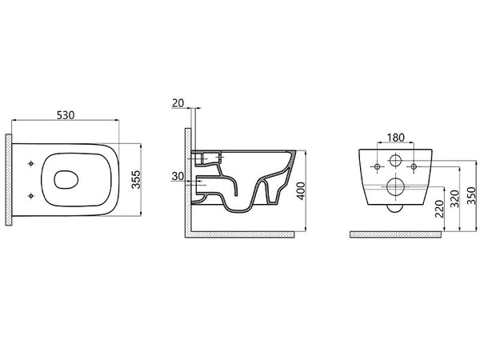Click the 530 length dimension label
pyautogui.click(x=66, y=115)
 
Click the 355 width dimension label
pyautogui.click(x=136, y=180)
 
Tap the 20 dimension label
pyautogui.click(x=178, y=103)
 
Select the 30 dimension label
pyautogui.click(x=178, y=176)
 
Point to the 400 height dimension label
pyautogui.click(x=302, y=191)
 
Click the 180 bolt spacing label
pyautogui.click(x=395, y=138)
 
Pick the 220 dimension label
pyautogui.click(x=439, y=209)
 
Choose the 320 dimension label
pyautogui.click(x=455, y=199)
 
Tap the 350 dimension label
pyautogui.click(x=472, y=196)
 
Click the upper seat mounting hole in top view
pyautogui.click(x=30, y=163)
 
